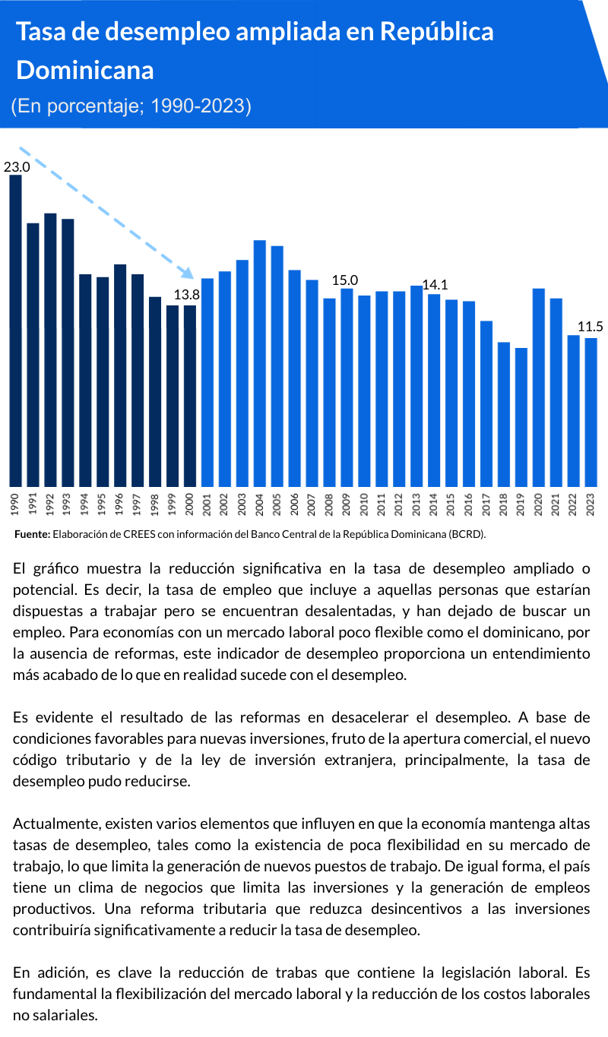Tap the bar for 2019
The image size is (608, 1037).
pos(521,417)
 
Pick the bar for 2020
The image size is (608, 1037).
pos(538,387)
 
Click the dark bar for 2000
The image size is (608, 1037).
pos(190,396)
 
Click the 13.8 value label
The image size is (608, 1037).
pos(187,295)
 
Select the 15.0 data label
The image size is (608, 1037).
pos(345,280)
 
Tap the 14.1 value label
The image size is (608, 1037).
pos(435,285)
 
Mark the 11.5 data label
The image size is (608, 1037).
pos(590,327)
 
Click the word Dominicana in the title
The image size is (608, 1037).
pos(85,70)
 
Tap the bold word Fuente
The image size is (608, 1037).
pos(32,535)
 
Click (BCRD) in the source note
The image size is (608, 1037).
pos(467,535)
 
